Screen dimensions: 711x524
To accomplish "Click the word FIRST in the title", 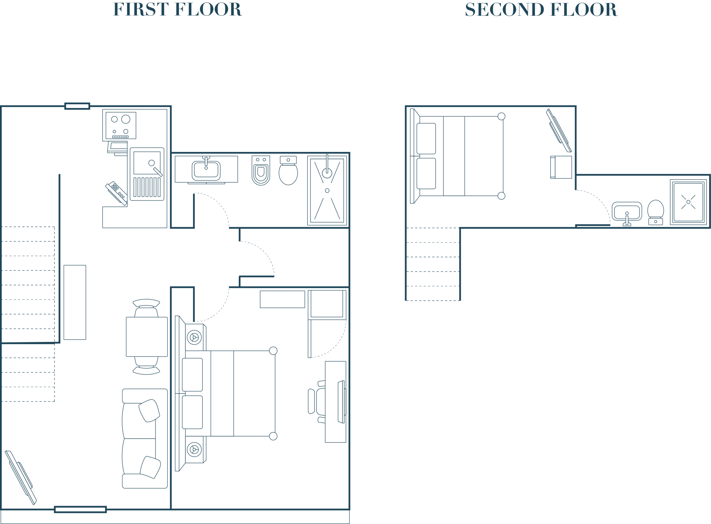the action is click(141, 9).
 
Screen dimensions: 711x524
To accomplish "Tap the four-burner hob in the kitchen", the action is click(121, 125).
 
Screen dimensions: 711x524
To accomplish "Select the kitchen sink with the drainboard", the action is click(147, 174).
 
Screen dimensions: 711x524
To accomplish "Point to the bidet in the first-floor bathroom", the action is click(261, 170).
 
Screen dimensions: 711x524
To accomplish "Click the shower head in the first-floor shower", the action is click(327, 173).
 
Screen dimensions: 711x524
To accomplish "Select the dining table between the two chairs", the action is click(147, 337).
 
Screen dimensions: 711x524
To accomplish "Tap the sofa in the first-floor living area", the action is click(145, 438).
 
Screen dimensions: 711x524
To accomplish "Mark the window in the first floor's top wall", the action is click(77, 106).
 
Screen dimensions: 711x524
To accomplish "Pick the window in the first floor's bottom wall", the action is click(80, 509).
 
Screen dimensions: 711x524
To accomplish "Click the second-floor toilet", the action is click(655, 212).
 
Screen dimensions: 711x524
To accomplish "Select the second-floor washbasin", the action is click(627, 212).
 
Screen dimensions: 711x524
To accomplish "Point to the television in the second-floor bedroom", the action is click(559, 130).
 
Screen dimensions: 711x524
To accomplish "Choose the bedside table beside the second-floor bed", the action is click(561, 167).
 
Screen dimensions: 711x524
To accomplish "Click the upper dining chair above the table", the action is click(146, 308).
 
